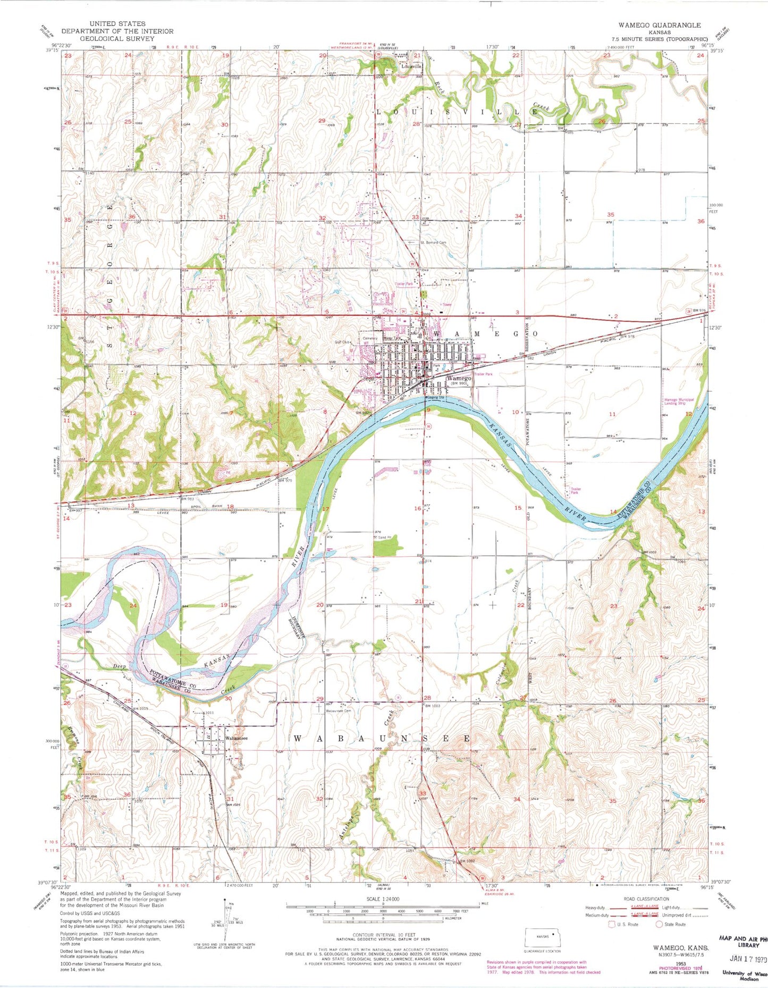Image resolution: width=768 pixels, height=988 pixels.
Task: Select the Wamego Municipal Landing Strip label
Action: pyautogui.click(x=678, y=402)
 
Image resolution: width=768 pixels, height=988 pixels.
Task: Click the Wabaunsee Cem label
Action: pyautogui.click(x=339, y=710)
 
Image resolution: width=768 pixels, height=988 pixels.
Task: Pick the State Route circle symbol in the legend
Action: pyautogui.click(x=660, y=924)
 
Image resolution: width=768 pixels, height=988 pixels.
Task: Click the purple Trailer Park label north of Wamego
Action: pyautogui.click(x=403, y=284)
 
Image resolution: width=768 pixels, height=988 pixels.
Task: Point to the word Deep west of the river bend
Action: pyautogui.click(x=119, y=666)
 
